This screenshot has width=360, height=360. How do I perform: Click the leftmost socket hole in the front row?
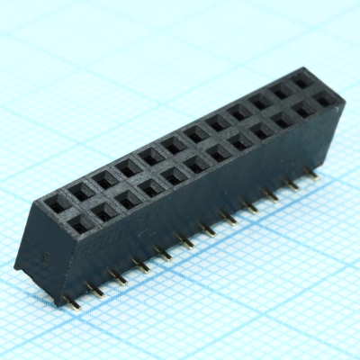point(82,221)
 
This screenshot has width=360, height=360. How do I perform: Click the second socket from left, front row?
point(104,210)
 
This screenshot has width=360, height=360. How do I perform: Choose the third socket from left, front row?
point(128,198)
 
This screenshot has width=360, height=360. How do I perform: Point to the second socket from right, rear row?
point(283,91)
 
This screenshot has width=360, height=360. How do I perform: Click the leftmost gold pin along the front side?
point(74,302)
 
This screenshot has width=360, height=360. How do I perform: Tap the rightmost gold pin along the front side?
point(314,176)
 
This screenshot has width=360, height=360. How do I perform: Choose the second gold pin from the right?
point(292,186)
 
